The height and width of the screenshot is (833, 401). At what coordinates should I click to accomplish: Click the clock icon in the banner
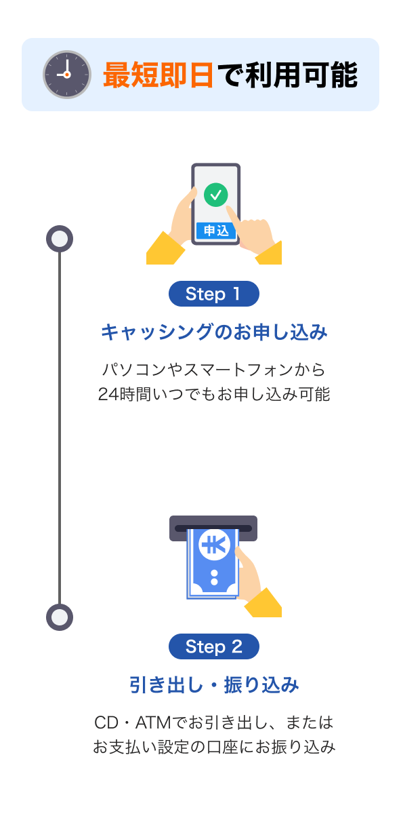click(67, 75)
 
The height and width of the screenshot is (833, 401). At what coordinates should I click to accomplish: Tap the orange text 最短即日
click(159, 75)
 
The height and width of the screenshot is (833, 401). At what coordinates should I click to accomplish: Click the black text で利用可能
click(287, 75)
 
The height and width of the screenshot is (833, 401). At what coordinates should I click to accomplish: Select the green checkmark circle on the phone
click(215, 195)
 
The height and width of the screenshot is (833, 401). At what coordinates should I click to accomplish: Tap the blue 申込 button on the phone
click(216, 231)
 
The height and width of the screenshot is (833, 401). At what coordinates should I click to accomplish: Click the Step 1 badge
click(214, 294)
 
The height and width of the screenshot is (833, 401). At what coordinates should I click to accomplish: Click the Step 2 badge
click(214, 646)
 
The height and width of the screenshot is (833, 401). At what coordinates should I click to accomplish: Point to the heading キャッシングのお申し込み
click(214, 332)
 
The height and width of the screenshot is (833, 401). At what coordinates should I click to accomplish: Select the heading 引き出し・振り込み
click(214, 684)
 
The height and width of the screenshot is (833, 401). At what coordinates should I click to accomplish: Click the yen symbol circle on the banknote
click(215, 545)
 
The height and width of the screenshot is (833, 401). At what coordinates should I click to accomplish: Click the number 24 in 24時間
click(108, 394)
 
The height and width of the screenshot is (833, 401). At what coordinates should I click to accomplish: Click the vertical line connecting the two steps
click(60, 427)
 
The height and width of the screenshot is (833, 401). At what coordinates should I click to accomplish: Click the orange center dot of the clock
click(67, 75)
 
